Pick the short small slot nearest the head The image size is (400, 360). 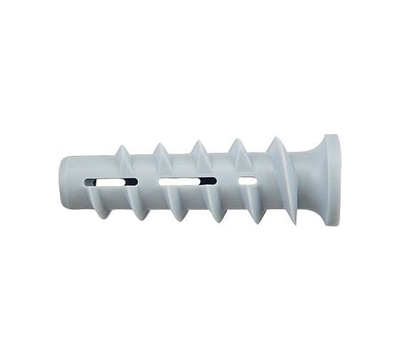click(x=246, y=181)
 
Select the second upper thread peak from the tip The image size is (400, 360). click(x=159, y=144)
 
